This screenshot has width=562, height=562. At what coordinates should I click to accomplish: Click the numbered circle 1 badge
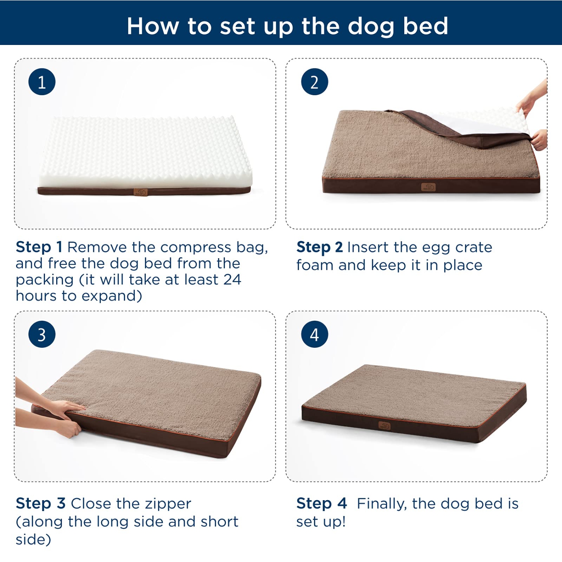point(42,82)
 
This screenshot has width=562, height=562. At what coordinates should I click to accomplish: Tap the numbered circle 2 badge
point(314,82)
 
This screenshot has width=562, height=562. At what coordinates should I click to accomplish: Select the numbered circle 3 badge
point(42,334)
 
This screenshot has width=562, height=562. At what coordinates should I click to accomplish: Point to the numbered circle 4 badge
point(314,334)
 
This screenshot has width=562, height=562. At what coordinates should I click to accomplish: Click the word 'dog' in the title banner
point(371,26)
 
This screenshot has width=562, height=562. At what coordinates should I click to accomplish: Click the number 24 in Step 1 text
point(232,280)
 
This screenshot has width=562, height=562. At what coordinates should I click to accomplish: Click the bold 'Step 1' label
point(39,247)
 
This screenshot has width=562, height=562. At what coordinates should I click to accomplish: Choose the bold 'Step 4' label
point(321,504)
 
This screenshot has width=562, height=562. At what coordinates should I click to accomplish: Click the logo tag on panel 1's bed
point(141,192)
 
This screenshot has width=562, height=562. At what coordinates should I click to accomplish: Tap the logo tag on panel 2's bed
point(428,187)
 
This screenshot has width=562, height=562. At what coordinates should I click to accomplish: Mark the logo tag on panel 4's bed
point(384,426)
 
